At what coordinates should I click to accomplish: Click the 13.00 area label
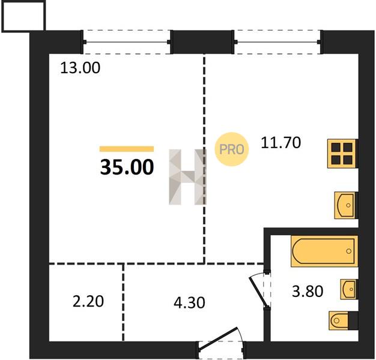tap(80, 68)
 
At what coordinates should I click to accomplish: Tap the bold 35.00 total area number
tap(127, 167)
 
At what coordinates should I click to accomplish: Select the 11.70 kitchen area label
tap(281, 143)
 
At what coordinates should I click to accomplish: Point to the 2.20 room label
tap(88, 301)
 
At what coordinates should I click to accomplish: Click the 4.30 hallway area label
tap(189, 302)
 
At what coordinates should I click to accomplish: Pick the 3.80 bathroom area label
tap(308, 292)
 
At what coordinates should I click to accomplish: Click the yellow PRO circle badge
tap(232, 149)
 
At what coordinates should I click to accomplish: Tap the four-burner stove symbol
tap(343, 154)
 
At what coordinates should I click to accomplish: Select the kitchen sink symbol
tap(346, 205)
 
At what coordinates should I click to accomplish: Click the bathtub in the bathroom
tap(324, 251)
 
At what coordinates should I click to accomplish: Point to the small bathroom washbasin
tap(349, 289)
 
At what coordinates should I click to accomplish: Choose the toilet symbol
tap(344, 320)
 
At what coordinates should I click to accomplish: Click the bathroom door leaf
tap(259, 292)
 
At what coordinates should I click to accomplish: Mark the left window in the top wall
tap(127, 42)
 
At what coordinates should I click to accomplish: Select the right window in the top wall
tap(277, 42)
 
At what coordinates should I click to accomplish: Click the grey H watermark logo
tap(187, 177)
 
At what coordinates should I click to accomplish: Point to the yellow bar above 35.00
tap(127, 149)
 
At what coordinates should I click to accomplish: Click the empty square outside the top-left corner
tap(23, 16)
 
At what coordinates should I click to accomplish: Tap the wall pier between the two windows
tap(202, 42)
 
